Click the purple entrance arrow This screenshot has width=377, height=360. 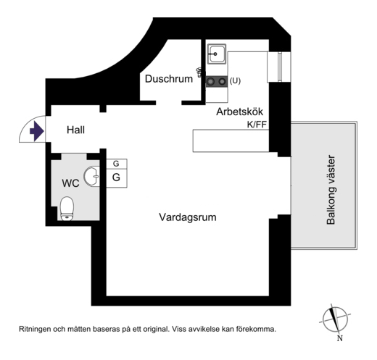(x=37, y=131)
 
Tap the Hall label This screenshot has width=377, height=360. (x=75, y=130)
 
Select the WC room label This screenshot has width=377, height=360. (x=70, y=183)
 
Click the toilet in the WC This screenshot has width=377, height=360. (x=67, y=209)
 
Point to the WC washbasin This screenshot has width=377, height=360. (x=91, y=176)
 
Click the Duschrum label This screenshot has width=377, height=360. (x=169, y=79)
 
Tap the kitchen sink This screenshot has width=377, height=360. (x=217, y=54)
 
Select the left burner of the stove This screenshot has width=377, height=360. (x=211, y=82)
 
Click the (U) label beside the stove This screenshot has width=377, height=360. (x=235, y=80)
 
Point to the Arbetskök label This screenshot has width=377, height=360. (x=239, y=112)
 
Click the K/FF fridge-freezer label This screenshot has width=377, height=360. (x=257, y=125)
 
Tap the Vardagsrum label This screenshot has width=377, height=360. (x=188, y=217)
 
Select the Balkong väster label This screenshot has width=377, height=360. (x=331, y=190)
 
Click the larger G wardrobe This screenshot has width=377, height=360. (x=117, y=178)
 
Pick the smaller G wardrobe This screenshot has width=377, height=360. (x=117, y=164)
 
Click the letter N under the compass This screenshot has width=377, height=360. (x=340, y=338)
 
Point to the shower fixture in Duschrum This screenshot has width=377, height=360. (x=199, y=72)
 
